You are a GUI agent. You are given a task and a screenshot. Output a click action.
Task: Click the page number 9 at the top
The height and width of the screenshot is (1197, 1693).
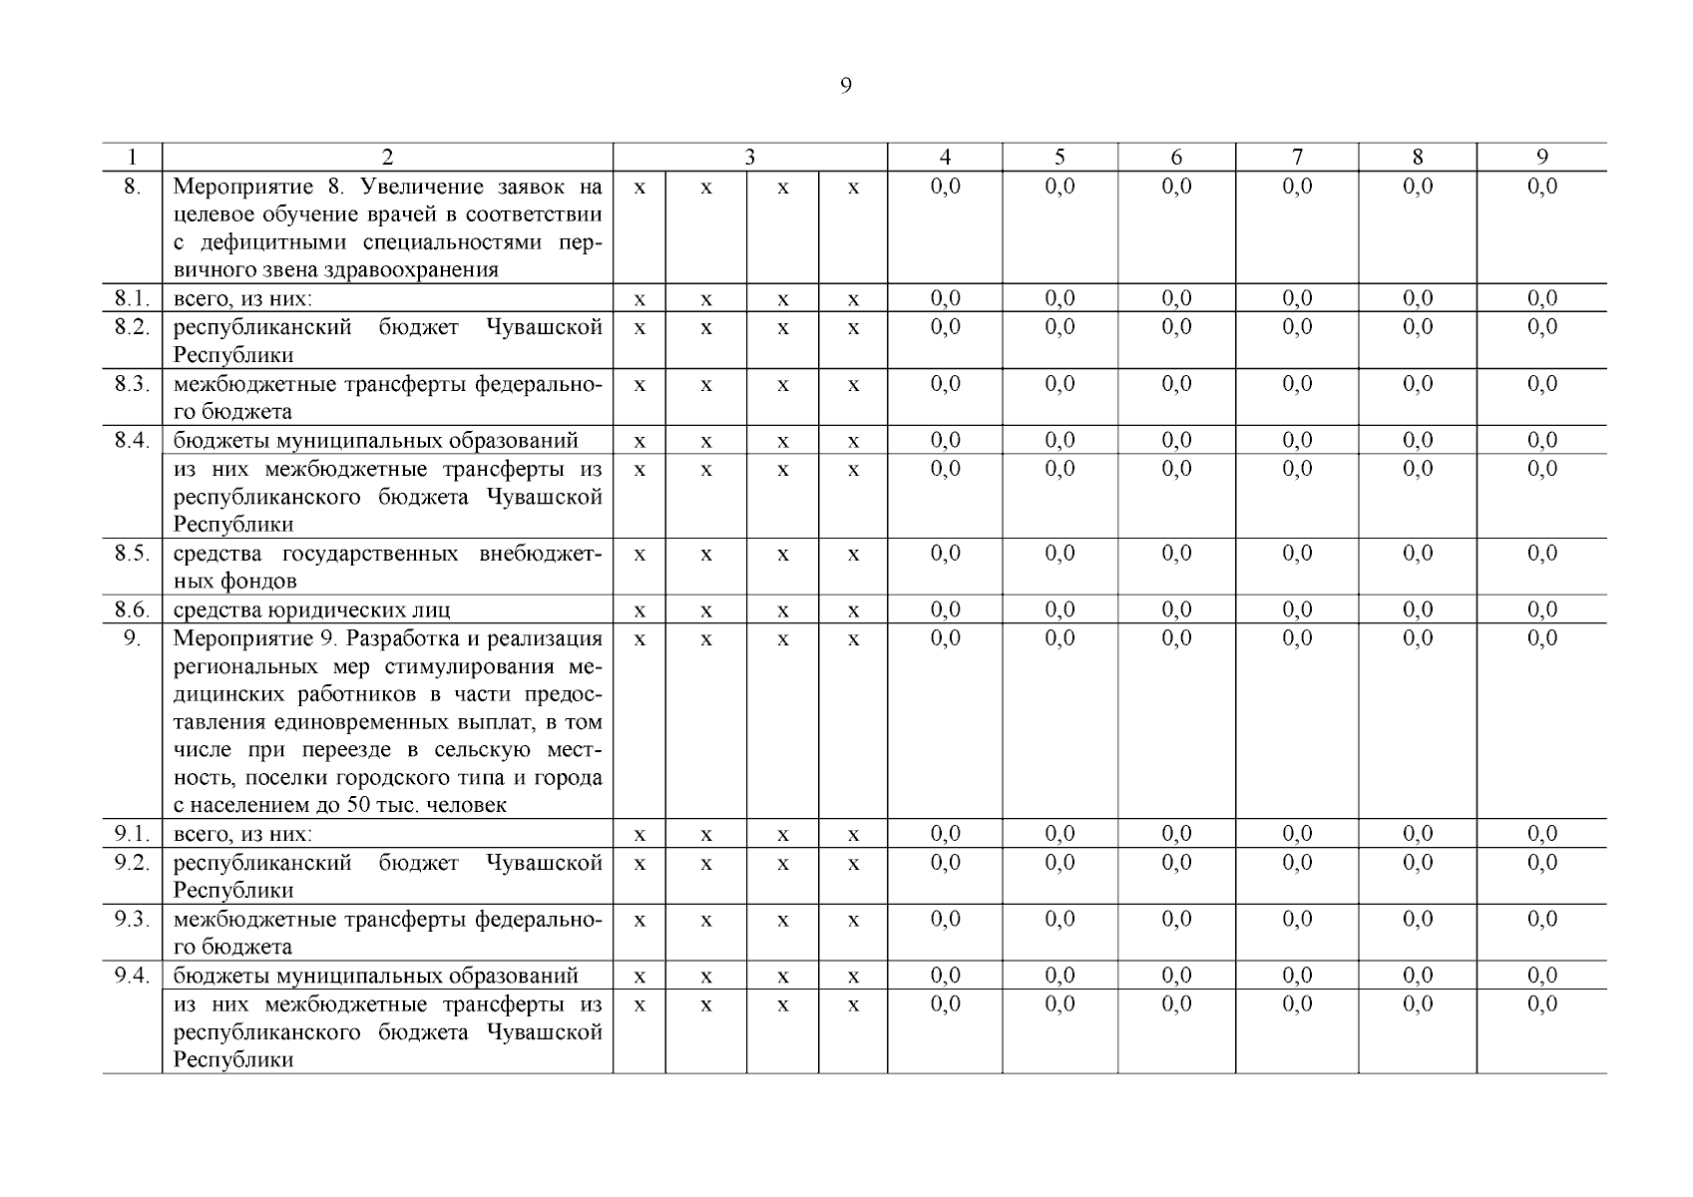pos(846,86)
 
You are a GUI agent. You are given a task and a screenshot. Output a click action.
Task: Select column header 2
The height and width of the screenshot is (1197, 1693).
pos(387,157)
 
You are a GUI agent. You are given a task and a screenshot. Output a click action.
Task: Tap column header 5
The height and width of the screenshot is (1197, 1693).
pos(1059,157)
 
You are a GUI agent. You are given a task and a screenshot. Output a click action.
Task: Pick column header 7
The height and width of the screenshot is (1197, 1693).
pos(1297,157)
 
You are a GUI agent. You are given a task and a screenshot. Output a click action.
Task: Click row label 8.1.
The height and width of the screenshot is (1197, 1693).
pos(132,298)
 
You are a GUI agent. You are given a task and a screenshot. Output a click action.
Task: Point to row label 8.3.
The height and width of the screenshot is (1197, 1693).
pos(132,384)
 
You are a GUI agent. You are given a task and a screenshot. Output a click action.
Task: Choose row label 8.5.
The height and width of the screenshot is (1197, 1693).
pos(132,554)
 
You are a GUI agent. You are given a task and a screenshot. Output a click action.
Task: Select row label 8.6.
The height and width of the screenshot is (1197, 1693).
pos(132,609)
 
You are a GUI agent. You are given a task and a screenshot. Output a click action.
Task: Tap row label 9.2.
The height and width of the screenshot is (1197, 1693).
pos(132,862)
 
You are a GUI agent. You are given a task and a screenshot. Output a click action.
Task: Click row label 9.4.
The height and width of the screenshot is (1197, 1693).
pos(132,976)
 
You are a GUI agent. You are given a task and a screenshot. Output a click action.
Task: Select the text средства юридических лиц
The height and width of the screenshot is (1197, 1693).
pos(311,609)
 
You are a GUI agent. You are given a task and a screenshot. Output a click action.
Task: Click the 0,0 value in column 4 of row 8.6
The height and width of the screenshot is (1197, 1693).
pos(945,609)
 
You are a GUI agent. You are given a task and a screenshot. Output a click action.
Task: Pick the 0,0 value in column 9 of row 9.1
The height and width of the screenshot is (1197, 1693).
pos(1541,833)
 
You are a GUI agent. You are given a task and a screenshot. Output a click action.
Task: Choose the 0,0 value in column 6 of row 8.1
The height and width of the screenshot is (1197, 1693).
pos(1176,298)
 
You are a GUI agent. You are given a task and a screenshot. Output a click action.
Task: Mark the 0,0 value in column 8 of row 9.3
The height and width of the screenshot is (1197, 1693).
pos(1417,919)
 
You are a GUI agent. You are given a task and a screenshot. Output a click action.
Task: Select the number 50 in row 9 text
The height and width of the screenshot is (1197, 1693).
pos(357,805)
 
